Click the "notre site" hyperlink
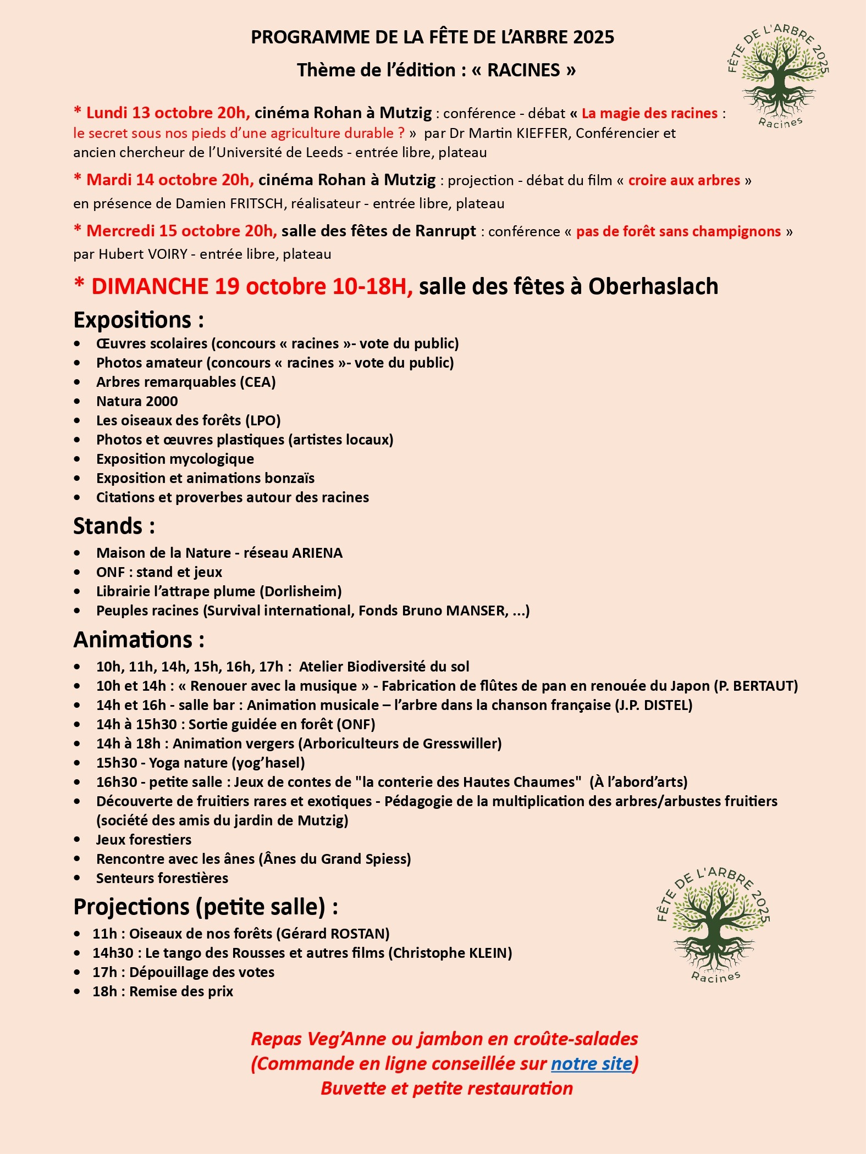click(x=592, y=1063)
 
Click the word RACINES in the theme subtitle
click(x=523, y=70)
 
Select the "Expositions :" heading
click(x=139, y=320)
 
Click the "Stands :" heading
click(x=114, y=526)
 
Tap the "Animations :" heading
click(x=139, y=640)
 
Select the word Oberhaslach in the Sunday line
click(x=653, y=286)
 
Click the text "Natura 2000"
click(x=137, y=401)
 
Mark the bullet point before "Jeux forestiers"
click(x=77, y=840)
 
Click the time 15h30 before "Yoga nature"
click(x=117, y=763)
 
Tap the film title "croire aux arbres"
click(x=684, y=180)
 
